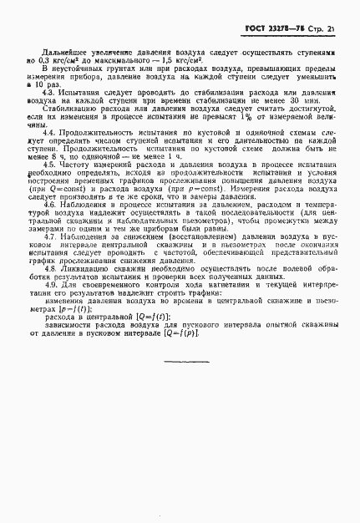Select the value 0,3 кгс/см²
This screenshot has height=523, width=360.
[53, 60]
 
